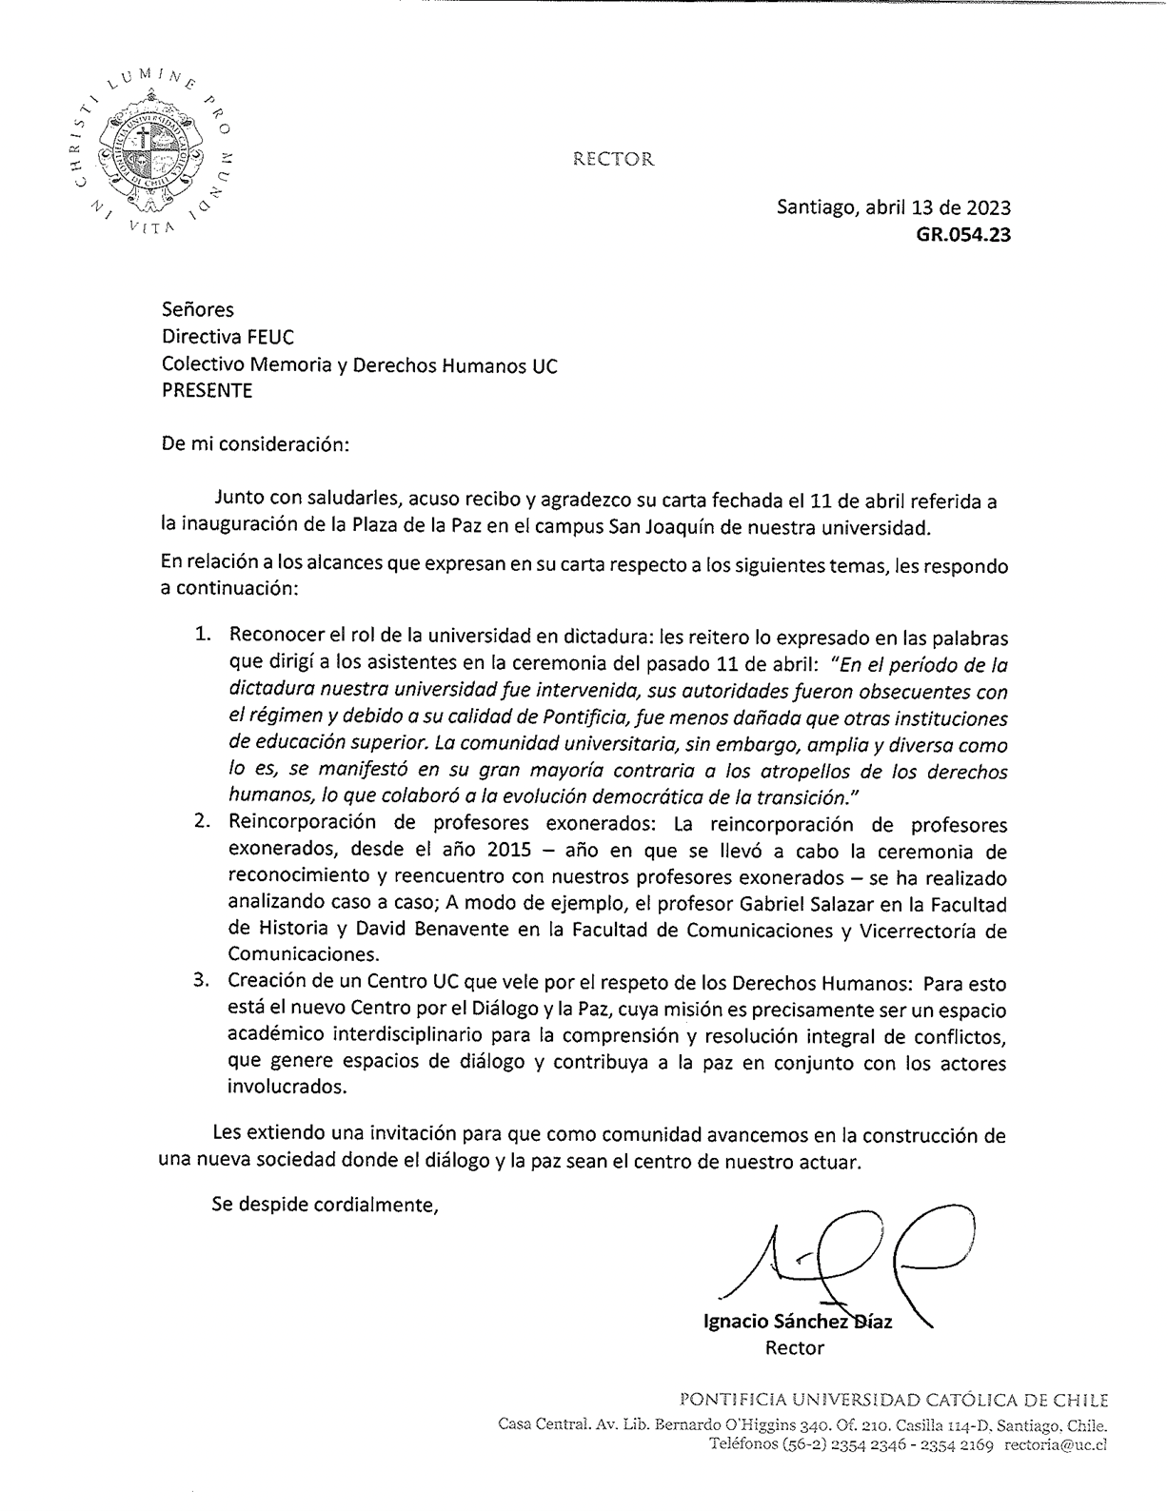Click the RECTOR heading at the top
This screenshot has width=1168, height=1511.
(614, 159)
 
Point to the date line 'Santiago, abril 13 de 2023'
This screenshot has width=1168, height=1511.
(894, 207)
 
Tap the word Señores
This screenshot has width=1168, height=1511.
(198, 309)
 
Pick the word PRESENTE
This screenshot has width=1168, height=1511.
(207, 391)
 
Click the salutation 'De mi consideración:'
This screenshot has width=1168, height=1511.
(256, 443)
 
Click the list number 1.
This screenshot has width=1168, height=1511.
(203, 636)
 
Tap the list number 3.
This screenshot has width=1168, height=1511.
(203, 982)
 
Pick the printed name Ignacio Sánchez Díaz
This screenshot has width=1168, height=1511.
(797, 1322)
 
